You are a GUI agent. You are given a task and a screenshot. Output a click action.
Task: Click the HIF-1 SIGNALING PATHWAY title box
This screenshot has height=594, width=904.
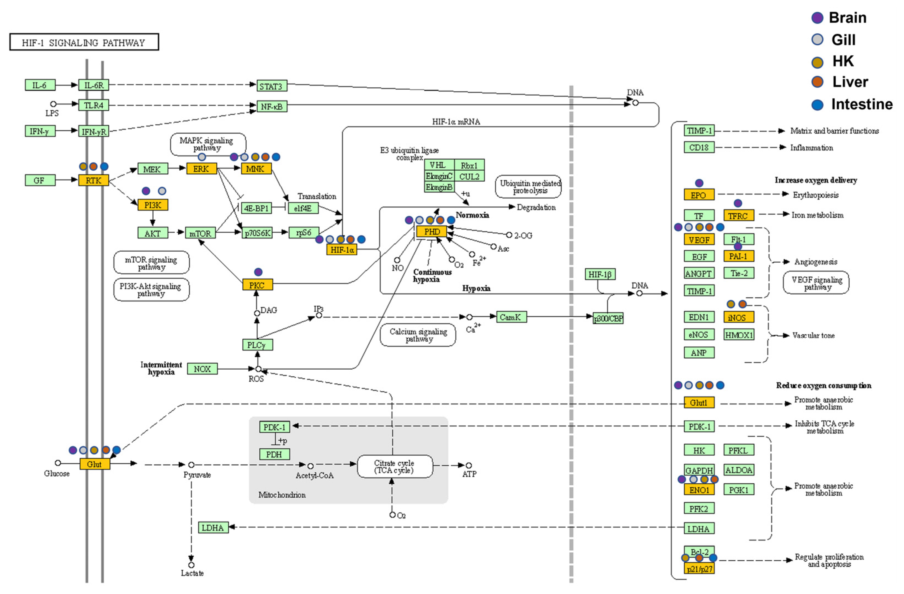tap(84, 42)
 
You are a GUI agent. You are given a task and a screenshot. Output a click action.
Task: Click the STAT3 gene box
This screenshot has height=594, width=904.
tap(271, 86)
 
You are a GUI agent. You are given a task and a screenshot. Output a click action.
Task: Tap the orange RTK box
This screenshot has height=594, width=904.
tap(93, 180)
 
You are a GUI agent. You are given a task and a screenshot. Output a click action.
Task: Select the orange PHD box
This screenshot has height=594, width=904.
tap(432, 232)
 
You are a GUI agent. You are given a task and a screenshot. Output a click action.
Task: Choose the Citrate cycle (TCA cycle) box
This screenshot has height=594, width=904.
tap(395, 467)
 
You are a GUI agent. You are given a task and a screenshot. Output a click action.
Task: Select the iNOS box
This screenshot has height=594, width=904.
tap(738, 318)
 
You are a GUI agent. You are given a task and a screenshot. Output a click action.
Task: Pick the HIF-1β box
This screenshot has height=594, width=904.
tap(600, 274)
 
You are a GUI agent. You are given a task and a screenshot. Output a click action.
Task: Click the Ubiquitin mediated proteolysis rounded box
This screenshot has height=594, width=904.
tap(528, 187)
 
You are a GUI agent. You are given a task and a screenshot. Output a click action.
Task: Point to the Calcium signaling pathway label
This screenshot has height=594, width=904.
tap(418, 335)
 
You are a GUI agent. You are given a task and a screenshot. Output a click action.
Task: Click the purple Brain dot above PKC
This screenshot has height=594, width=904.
tap(258, 272)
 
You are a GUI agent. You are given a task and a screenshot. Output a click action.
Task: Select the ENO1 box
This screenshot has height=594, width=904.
tap(699, 490)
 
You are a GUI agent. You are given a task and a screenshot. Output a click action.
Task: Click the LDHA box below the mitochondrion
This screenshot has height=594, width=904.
tap(213, 528)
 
